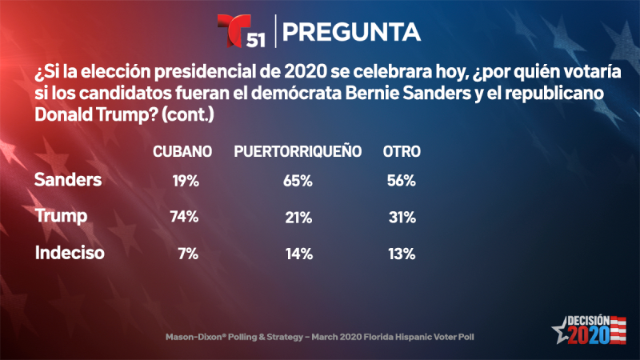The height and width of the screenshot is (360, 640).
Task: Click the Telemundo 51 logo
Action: coord(242,32)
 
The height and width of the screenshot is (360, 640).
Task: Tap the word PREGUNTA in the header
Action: coord(352,31)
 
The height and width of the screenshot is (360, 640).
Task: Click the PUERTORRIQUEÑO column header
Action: coord(298,151)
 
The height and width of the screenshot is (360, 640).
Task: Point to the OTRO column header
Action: coord(402,151)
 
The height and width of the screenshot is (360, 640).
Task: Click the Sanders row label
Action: coord(68,180)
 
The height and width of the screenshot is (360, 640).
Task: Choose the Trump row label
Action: coord(60,216)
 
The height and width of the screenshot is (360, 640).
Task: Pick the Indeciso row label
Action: coord(70,254)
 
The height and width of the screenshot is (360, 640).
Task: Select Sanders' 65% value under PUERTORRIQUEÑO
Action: coord(297,181)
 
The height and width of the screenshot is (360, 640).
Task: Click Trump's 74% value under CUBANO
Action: coord(183,218)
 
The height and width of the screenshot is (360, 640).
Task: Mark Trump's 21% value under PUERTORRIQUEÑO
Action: coord(297,218)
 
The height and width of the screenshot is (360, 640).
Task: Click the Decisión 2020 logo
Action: coord(589,328)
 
